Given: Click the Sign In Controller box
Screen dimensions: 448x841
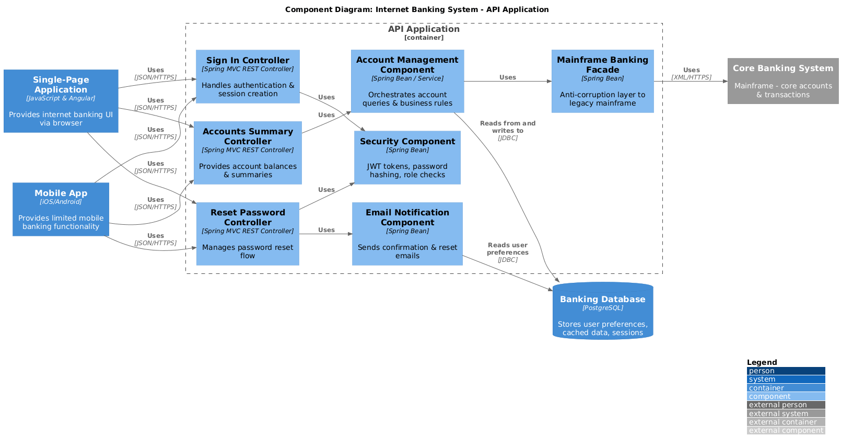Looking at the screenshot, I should click(248, 76).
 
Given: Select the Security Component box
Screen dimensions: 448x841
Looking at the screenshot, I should click(407, 157).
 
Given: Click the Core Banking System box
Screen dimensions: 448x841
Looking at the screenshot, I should click(782, 81).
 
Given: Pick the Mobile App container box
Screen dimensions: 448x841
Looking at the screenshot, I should click(61, 209).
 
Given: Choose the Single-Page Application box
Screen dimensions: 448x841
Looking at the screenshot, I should click(61, 101).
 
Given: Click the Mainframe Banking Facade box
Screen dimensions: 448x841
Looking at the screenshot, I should click(602, 81).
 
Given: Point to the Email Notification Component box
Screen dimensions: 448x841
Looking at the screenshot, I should click(407, 234).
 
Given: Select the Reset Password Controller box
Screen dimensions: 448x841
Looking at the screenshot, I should click(248, 234).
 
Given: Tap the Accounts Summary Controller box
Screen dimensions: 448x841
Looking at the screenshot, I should click(248, 153).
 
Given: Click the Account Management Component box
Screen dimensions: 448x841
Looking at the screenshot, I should click(407, 81).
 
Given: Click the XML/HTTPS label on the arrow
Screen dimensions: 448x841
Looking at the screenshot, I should click(691, 77).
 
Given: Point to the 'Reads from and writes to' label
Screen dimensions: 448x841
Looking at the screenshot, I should click(507, 127).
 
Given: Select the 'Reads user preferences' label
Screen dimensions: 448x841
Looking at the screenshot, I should click(507, 249).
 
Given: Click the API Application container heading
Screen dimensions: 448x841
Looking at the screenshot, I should click(424, 29).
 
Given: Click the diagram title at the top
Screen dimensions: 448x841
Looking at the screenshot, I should click(416, 9).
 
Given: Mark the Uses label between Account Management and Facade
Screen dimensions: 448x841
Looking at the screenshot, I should click(507, 77).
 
